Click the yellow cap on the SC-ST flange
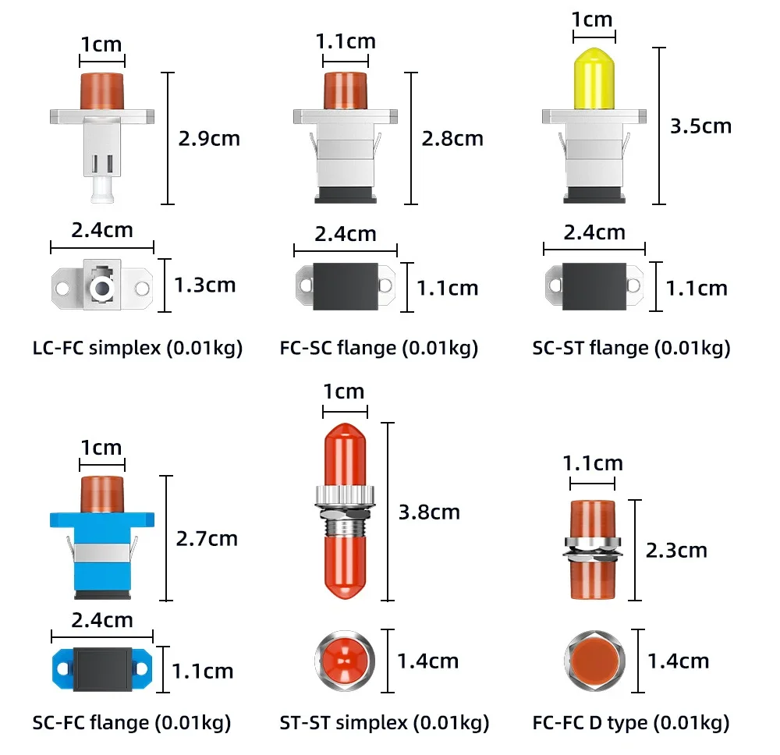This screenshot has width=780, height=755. (594, 79)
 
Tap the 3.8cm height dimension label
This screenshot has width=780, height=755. (429, 512)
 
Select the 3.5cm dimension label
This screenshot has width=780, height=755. (700, 126)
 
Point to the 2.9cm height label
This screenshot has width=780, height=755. (209, 138)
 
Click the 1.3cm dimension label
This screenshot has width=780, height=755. (204, 285)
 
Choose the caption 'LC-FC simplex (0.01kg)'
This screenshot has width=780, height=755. (137, 348)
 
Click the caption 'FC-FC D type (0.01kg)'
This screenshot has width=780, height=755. (631, 723)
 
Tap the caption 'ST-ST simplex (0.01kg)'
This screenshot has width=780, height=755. (384, 723)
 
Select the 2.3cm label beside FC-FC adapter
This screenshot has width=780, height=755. (676, 550)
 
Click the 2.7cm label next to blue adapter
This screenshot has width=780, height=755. (207, 539)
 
